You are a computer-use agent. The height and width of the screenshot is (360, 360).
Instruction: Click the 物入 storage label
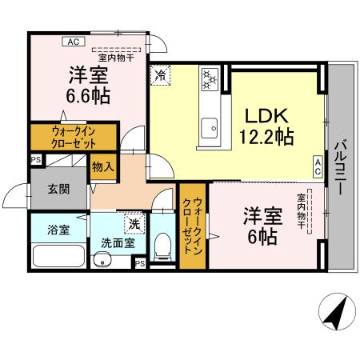104,166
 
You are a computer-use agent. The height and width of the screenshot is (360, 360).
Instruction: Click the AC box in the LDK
318,166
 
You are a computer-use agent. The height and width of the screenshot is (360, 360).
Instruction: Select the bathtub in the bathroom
59,256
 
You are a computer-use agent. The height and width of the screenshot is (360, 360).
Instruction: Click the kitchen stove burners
210,78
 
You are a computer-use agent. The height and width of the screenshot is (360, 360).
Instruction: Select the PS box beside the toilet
139,262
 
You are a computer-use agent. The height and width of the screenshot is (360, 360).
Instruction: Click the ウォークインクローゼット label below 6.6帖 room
63,137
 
